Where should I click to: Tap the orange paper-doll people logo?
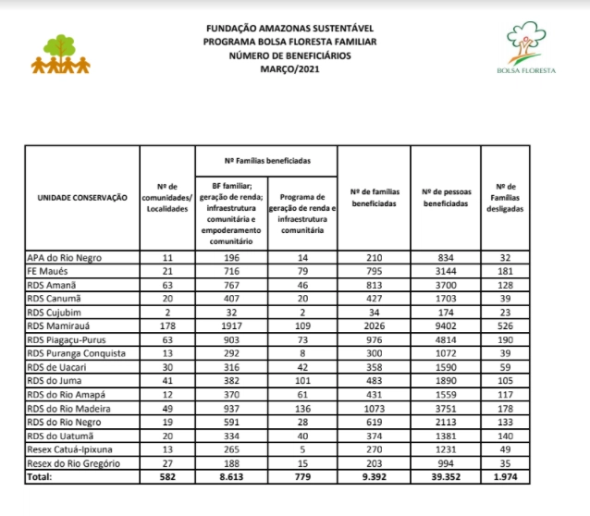click(x=61, y=56)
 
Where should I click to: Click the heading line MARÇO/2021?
click(x=291, y=69)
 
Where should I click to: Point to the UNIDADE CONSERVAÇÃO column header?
click(x=82, y=198)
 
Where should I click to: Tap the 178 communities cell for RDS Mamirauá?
click(x=167, y=326)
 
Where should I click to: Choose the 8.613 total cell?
click(x=231, y=478)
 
